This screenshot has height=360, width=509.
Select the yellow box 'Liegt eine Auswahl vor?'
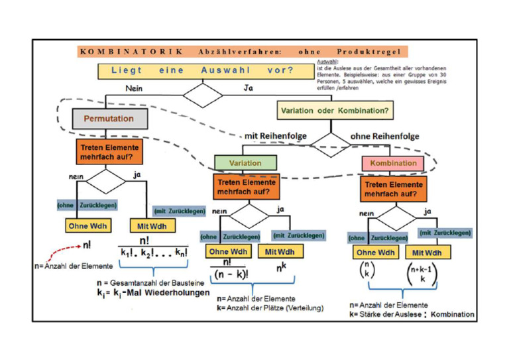(201, 70)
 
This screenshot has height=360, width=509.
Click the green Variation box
(245, 163)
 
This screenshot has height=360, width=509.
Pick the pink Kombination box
(394, 163)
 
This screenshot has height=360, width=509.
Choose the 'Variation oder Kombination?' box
(335, 110)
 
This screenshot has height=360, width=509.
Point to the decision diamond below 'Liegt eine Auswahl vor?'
(203, 93)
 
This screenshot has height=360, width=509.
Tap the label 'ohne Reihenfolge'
(385, 137)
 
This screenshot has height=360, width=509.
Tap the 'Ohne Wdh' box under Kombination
(376, 253)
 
